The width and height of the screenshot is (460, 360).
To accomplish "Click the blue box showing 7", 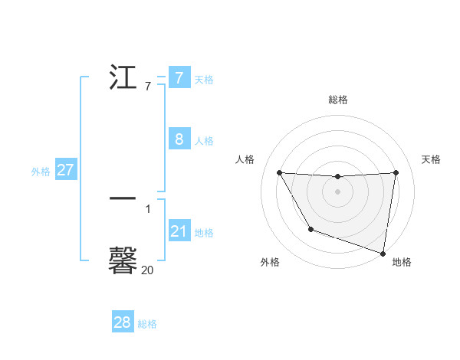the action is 179,78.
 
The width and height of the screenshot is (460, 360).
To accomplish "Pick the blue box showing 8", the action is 179,139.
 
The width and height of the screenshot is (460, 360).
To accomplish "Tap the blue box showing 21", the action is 179,231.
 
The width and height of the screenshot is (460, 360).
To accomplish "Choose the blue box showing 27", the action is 65,170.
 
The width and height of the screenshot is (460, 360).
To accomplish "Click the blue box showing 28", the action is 123,322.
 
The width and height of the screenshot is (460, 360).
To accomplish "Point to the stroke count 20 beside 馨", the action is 147,270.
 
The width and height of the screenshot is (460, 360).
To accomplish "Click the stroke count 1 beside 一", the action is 148,208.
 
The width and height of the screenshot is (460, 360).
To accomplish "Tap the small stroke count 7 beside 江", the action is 147,87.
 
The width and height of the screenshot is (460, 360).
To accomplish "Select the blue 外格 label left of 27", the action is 41,172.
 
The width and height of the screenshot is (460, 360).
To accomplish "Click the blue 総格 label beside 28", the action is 147,324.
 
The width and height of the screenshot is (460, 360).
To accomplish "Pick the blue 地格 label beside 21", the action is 204,233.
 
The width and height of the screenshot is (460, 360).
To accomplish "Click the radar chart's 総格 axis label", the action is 338,100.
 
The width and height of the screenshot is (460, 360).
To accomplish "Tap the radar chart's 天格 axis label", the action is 432,159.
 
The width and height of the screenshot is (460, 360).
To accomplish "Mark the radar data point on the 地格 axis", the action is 383,252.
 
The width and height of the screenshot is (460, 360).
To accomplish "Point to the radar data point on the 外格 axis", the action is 310,229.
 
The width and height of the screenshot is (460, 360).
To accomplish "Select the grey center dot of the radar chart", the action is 338,191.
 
